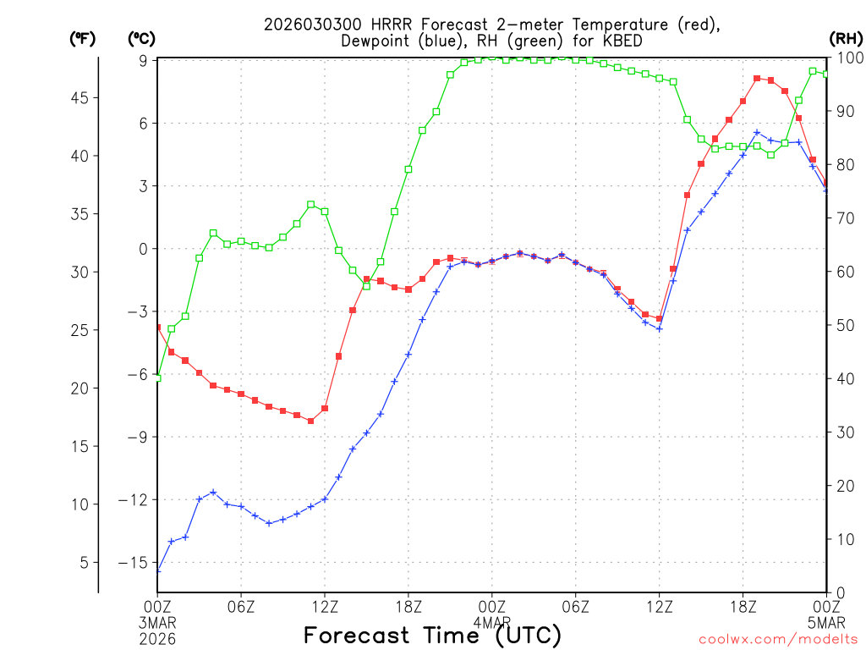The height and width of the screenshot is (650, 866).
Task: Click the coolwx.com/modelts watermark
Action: coord(778,640)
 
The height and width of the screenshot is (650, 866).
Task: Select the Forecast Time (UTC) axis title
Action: coord(432,635)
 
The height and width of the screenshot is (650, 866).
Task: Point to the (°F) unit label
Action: coord(82,39)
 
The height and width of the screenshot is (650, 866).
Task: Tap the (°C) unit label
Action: coord(141,39)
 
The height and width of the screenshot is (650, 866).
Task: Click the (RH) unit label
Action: coord(846,39)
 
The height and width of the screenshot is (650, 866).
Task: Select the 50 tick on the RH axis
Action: coord(846,325)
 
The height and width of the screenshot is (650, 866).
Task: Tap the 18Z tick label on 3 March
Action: coord(408,606)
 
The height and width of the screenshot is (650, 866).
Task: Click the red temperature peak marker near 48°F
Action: coord(757,79)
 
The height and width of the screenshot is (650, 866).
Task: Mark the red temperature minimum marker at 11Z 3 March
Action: coord(311,421)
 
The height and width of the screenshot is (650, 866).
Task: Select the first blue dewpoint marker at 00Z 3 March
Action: coord(157,570)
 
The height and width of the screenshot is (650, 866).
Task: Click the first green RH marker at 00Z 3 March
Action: coord(157,377)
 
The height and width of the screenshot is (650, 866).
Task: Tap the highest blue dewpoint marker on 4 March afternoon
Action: coord(757,133)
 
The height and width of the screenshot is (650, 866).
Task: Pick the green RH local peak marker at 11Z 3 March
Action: coord(311,204)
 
